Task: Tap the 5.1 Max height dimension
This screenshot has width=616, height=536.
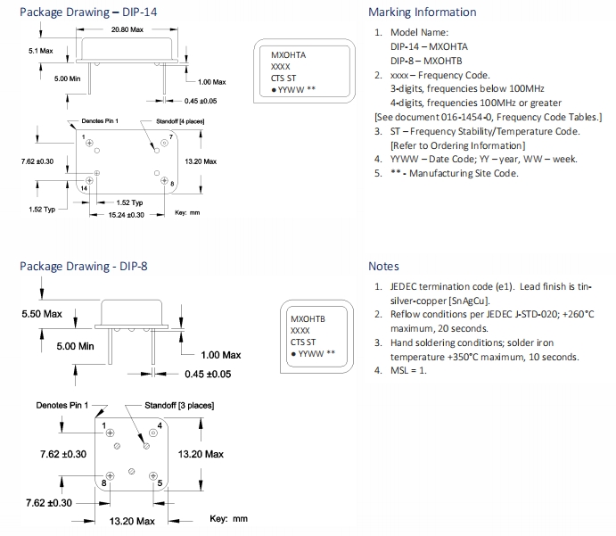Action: [38, 51]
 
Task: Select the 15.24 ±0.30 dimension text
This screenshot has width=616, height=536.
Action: [127, 215]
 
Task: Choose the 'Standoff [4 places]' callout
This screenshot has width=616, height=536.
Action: [181, 120]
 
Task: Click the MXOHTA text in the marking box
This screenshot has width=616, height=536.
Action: [288, 55]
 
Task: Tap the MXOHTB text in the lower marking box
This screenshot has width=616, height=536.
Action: [308, 318]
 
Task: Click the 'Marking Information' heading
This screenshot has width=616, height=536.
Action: [422, 12]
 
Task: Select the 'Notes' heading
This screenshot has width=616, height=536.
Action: [383, 267]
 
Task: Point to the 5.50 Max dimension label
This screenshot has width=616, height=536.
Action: [42, 315]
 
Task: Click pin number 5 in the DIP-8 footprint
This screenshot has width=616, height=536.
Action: [160, 483]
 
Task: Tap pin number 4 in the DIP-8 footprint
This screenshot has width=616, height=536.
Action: [159, 424]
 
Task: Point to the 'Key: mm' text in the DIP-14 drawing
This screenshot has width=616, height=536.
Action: [187, 212]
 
